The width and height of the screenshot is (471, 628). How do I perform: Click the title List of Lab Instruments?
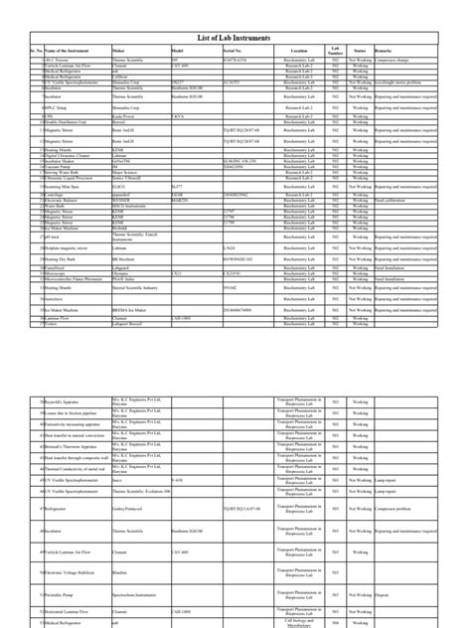tap(235, 38)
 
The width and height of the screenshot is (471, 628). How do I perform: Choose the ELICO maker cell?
tap(120, 187)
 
